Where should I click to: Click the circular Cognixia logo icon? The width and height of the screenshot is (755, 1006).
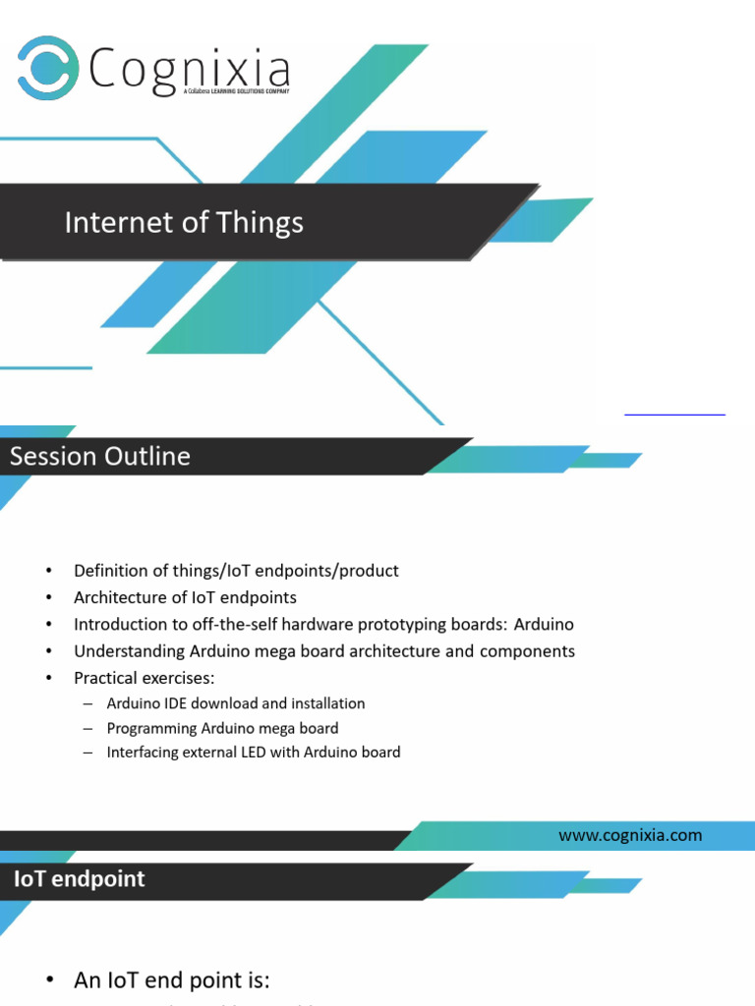click(48, 68)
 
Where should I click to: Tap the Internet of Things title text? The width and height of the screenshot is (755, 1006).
click(184, 223)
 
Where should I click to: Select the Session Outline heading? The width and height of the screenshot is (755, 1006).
click(100, 457)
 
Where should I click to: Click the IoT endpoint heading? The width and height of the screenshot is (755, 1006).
click(79, 879)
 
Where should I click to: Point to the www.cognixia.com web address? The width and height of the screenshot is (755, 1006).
click(630, 835)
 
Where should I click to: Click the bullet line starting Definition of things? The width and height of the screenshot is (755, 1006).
click(236, 571)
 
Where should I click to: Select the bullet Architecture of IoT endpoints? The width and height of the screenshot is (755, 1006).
click(185, 597)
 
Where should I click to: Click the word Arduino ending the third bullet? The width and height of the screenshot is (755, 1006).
click(544, 625)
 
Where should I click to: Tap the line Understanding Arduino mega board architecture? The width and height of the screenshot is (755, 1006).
click(324, 651)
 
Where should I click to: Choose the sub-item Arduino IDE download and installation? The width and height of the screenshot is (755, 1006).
click(236, 703)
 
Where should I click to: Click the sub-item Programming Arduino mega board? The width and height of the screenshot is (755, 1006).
click(222, 728)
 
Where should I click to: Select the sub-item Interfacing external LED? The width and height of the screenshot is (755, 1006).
click(254, 753)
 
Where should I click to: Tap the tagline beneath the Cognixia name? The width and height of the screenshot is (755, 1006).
click(237, 91)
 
